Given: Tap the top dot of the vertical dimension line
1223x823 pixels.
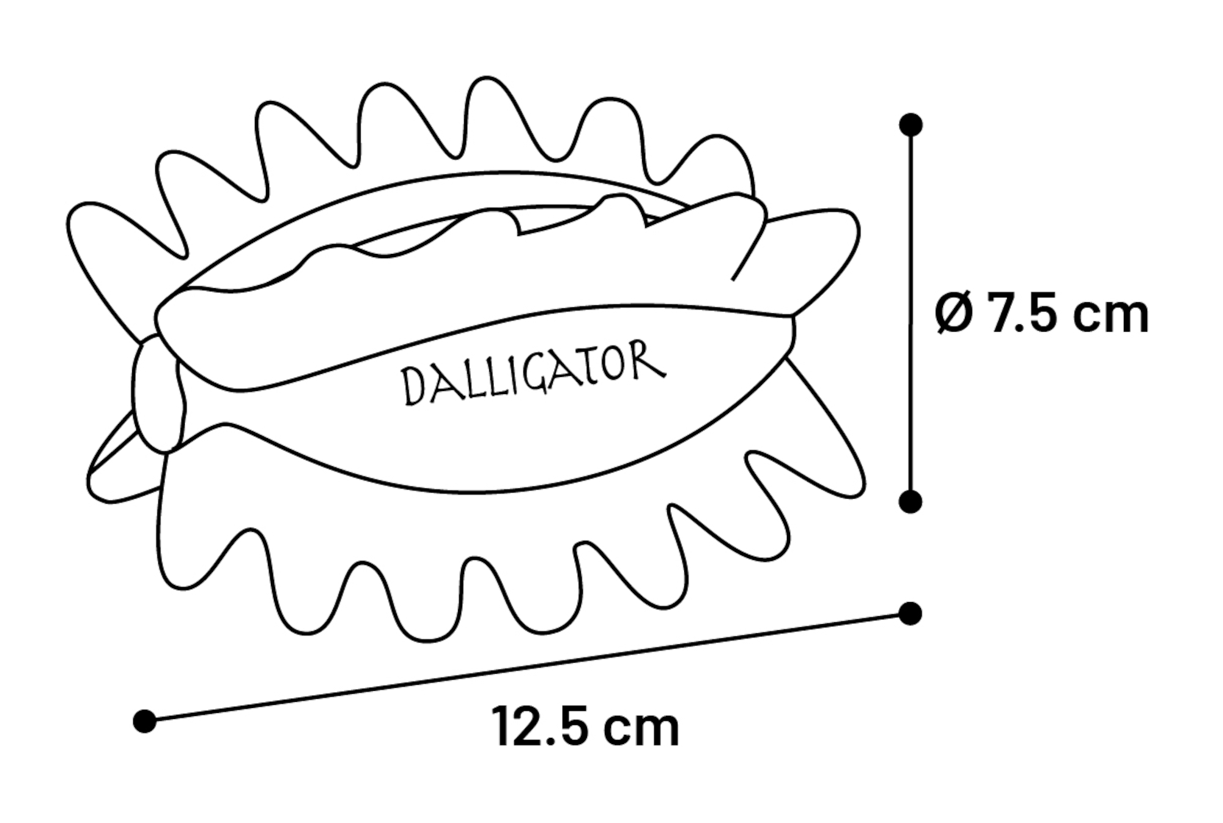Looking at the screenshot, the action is coord(911,125).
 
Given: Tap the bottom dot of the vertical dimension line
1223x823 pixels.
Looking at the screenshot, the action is coord(911,501).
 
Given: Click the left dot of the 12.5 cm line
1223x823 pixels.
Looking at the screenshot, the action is coord(144,721).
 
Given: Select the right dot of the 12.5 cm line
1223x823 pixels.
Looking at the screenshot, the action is coord(911,613).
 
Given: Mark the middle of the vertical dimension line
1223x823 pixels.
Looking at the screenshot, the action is coord(911,313).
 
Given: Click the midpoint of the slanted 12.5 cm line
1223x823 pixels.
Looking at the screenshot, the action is coord(528,667).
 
